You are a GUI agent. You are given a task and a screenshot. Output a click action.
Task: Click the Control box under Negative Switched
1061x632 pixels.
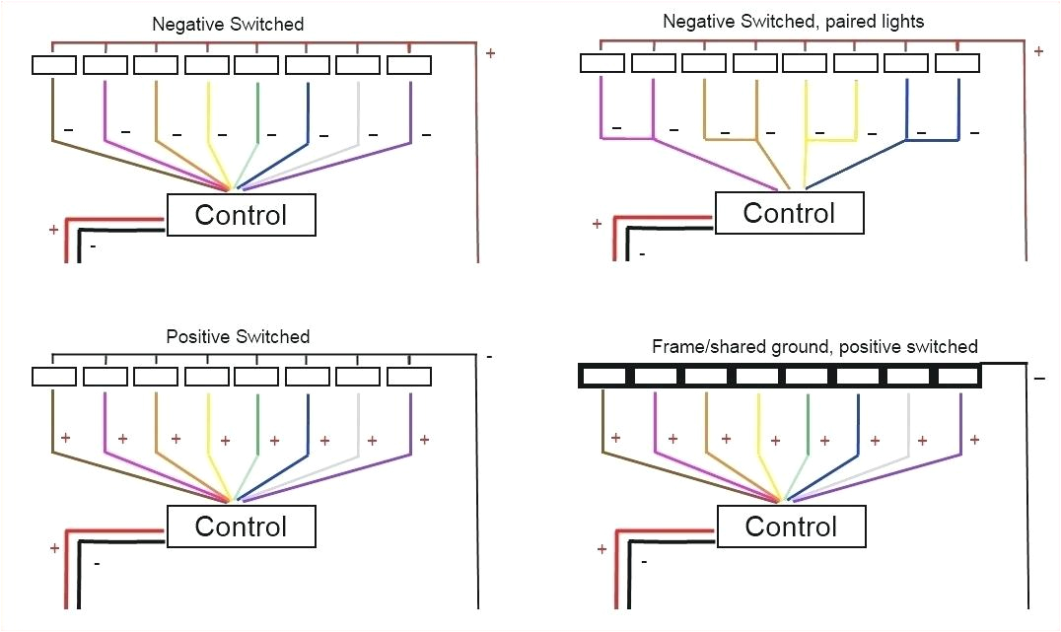pos(241,215)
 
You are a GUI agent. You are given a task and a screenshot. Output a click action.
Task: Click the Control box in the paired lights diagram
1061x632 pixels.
pos(789,213)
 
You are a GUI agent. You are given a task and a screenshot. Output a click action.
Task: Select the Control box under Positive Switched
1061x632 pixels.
pos(241,527)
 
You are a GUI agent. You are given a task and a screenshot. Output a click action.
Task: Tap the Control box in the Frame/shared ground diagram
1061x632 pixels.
pos(791,527)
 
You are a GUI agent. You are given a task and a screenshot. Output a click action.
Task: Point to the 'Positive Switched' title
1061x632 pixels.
pos(238,336)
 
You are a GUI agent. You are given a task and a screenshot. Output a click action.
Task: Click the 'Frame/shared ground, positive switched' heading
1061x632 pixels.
pos(814,346)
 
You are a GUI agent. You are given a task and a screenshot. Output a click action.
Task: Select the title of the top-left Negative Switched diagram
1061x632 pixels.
pos(228,23)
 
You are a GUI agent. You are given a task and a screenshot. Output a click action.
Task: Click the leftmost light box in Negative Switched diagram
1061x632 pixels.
pos(54,65)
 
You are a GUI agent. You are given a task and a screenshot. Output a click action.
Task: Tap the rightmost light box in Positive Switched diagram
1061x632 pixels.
pos(409,377)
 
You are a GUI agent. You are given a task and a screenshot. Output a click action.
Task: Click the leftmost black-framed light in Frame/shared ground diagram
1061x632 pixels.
pos(602,376)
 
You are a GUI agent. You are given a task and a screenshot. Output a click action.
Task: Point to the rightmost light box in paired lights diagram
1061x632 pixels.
pos(956,63)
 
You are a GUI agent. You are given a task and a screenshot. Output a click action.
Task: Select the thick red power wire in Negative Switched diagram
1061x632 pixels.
pos(68,242)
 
